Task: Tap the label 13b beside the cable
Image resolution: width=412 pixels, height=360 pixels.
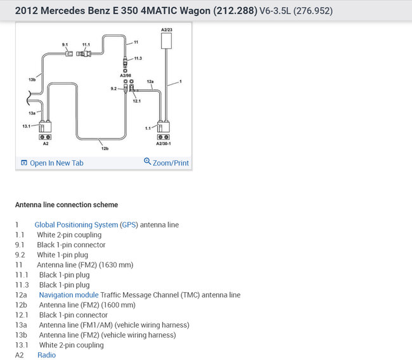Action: pyautogui.click(x=31, y=80)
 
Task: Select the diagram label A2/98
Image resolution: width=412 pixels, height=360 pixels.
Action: pyautogui.click(x=126, y=75)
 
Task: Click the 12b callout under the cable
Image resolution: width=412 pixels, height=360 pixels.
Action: pyautogui.click(x=105, y=148)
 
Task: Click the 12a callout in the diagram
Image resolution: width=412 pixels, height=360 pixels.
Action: pyautogui.click(x=150, y=82)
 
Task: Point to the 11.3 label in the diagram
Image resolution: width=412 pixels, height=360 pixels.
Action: pyautogui.click(x=138, y=58)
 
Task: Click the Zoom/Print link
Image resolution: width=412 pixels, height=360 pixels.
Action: pyautogui.click(x=167, y=163)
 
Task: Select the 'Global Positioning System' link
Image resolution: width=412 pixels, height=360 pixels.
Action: pyautogui.click(x=76, y=224)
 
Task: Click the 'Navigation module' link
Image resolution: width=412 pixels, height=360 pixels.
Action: pyautogui.click(x=68, y=295)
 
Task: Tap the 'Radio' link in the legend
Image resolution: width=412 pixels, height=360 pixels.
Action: pyautogui.click(x=46, y=355)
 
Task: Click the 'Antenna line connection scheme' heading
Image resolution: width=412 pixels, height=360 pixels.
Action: pyautogui.click(x=66, y=205)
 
